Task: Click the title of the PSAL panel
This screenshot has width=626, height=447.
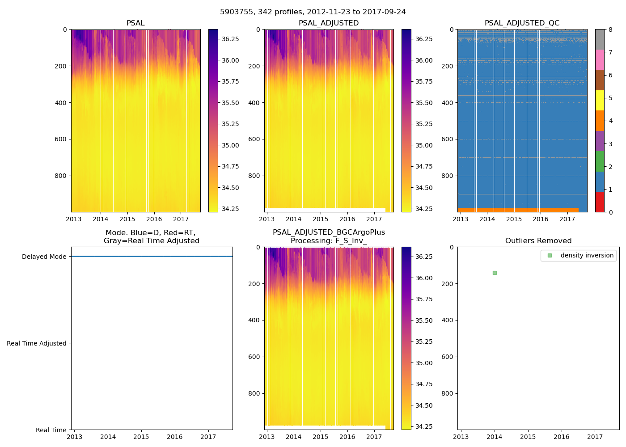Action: [135, 23]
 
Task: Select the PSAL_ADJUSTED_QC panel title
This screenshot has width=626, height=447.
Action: [522, 23]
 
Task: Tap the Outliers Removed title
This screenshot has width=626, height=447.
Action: [538, 241]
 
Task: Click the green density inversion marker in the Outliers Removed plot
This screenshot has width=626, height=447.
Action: [495, 273]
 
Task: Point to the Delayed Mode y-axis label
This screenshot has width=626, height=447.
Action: [44, 257]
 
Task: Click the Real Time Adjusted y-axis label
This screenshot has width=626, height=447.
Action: [37, 343]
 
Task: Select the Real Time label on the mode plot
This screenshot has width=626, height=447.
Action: [51, 430]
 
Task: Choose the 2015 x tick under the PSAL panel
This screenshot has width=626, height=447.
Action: [127, 219]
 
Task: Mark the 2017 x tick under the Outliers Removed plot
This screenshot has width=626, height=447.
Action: [595, 437]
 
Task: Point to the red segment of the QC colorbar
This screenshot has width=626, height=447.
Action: [600, 202]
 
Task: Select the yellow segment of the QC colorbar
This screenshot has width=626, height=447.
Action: [600, 101]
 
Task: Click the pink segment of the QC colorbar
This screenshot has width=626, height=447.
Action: [600, 59]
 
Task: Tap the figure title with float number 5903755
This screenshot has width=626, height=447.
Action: [313, 12]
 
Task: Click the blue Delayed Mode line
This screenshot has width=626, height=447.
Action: [152, 257]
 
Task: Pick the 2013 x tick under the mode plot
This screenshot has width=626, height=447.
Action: [74, 437]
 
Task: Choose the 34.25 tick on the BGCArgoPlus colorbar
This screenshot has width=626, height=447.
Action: [423, 426]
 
